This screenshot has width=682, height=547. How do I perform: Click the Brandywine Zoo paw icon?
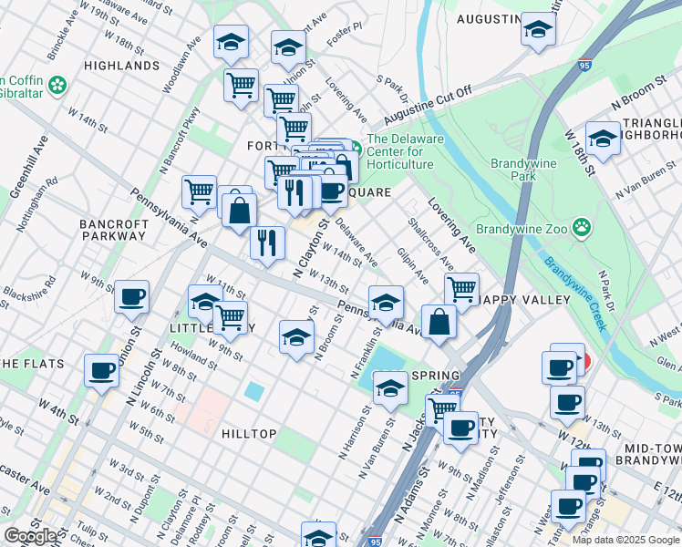[580, 225]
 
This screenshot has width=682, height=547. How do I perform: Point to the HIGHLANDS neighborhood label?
[120, 66]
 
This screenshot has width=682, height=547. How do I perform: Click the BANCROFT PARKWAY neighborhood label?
[112, 229]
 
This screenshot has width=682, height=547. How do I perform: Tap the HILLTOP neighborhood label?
[249, 434]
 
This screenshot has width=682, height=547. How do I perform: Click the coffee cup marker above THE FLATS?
[101, 370]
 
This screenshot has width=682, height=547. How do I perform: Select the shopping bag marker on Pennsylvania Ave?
[439, 323]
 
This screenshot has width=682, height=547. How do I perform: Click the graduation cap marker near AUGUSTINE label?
[538, 30]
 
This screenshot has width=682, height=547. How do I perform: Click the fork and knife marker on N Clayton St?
[267, 243]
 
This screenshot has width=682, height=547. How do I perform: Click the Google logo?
[31, 536]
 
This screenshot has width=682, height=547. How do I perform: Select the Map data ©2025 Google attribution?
[625, 540]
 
